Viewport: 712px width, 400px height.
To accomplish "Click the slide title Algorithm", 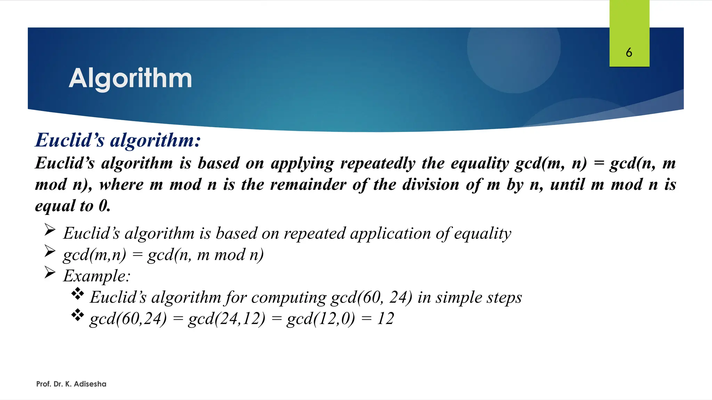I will [130, 78].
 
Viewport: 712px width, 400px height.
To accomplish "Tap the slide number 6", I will [629, 53].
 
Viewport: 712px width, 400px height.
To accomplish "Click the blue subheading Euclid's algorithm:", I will [118, 140].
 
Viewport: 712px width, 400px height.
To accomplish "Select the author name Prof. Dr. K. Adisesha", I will [71, 384].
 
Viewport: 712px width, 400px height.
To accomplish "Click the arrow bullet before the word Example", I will [50, 273].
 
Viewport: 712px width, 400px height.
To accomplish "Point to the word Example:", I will [97, 276].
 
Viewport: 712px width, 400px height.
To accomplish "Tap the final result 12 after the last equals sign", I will [385, 318].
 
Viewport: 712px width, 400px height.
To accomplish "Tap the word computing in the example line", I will [289, 298].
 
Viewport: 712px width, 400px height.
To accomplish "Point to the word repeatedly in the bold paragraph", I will [378, 163].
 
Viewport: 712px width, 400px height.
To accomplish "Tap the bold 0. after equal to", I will [104, 206].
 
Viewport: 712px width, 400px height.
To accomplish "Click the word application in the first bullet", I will [390, 233].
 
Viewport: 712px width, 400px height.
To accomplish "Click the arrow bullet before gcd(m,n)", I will [50, 251].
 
